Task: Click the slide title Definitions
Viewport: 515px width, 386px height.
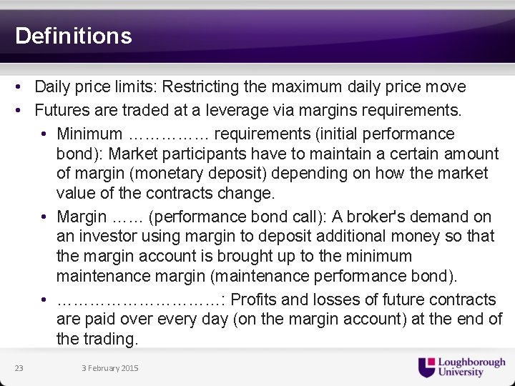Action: point(74,36)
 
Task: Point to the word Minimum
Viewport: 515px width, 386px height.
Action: point(89,134)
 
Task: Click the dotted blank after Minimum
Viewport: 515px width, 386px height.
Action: point(169,134)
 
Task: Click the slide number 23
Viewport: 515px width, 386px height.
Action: point(19,368)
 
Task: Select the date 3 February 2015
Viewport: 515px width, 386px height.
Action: point(110,368)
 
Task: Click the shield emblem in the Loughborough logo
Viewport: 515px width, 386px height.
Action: point(426,367)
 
